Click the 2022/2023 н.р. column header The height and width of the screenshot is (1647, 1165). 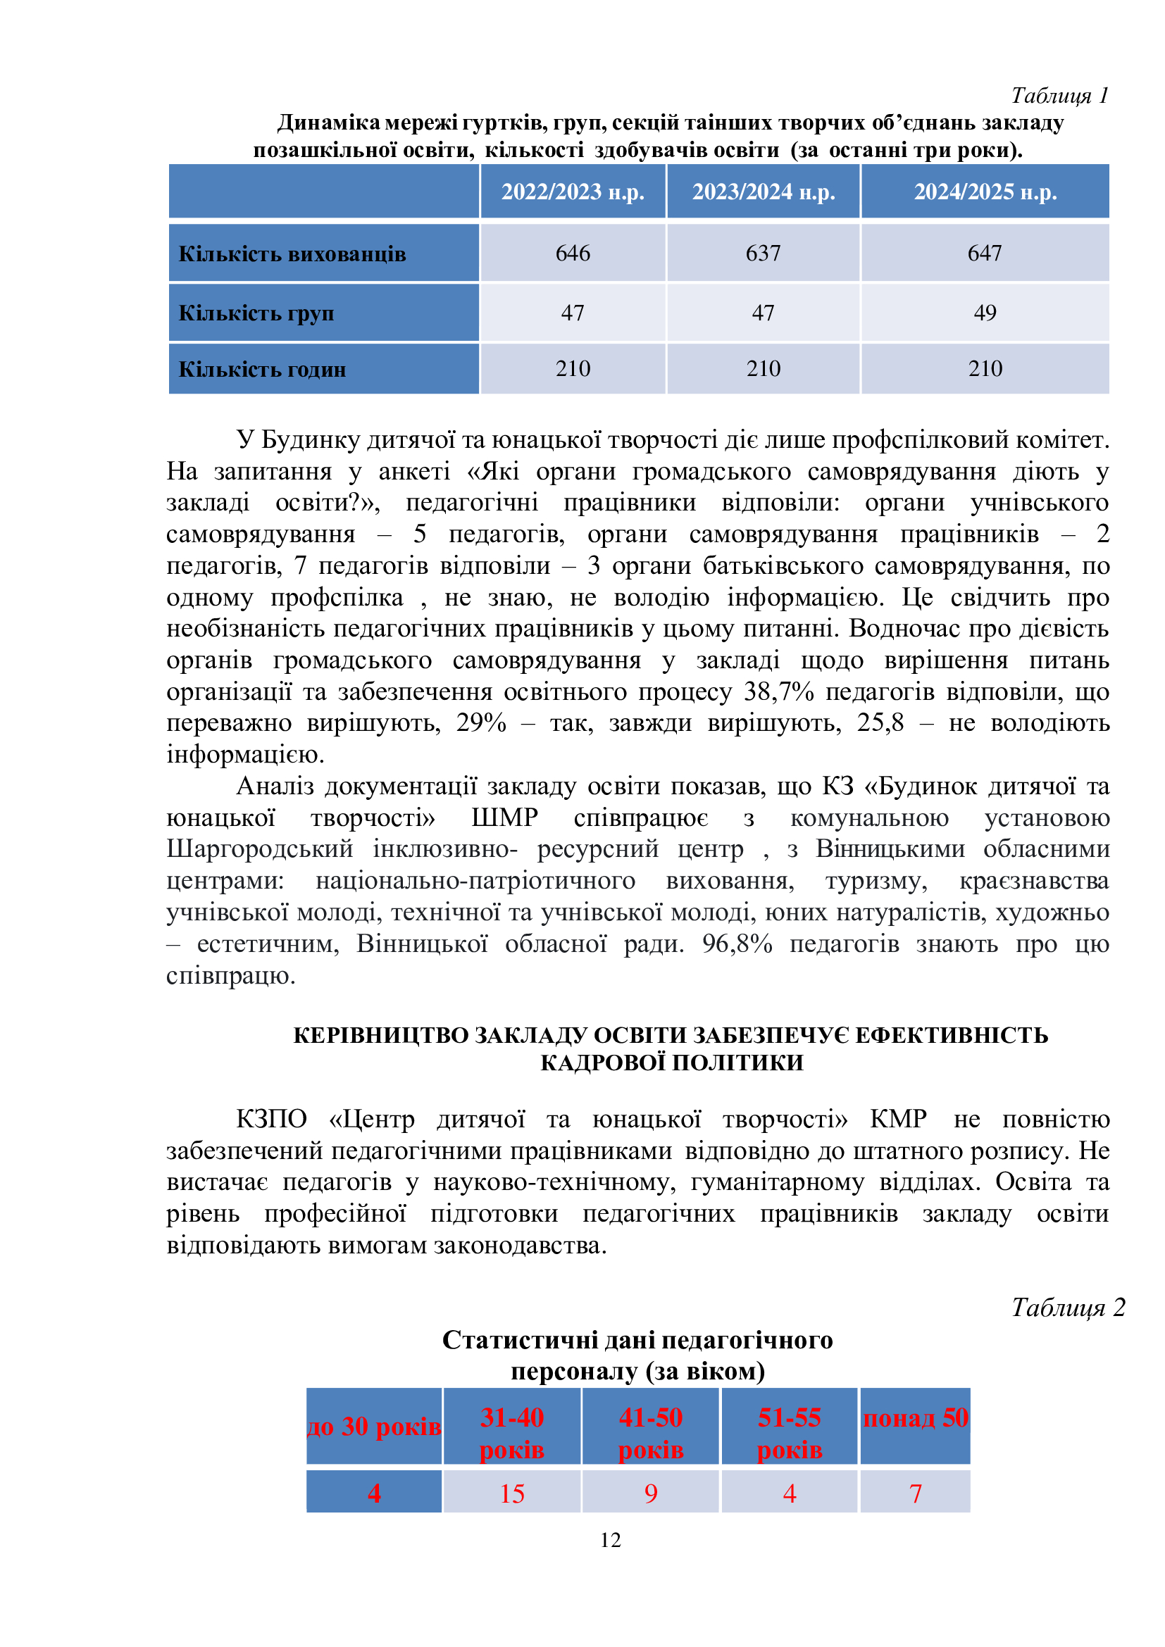(573, 192)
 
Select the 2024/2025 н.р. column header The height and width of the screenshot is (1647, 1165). (985, 192)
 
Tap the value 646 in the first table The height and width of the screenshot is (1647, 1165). (573, 253)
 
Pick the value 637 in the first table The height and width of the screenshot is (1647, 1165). (763, 253)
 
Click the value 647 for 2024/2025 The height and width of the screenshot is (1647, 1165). (984, 253)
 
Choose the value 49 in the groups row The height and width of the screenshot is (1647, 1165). (984, 313)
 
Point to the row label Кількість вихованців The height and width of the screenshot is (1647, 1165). (292, 254)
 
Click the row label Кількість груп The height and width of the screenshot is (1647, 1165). (256, 313)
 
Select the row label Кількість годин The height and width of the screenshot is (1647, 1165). (262, 370)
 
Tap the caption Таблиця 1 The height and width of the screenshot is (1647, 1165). (1059, 95)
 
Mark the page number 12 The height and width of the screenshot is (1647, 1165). (611, 1540)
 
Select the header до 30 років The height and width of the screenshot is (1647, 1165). (374, 1426)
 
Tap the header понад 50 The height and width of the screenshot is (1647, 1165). (916, 1418)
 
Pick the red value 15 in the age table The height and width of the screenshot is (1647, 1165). (511, 1493)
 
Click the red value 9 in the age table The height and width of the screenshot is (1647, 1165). (651, 1493)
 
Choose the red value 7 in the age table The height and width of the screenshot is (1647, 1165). (916, 1493)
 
